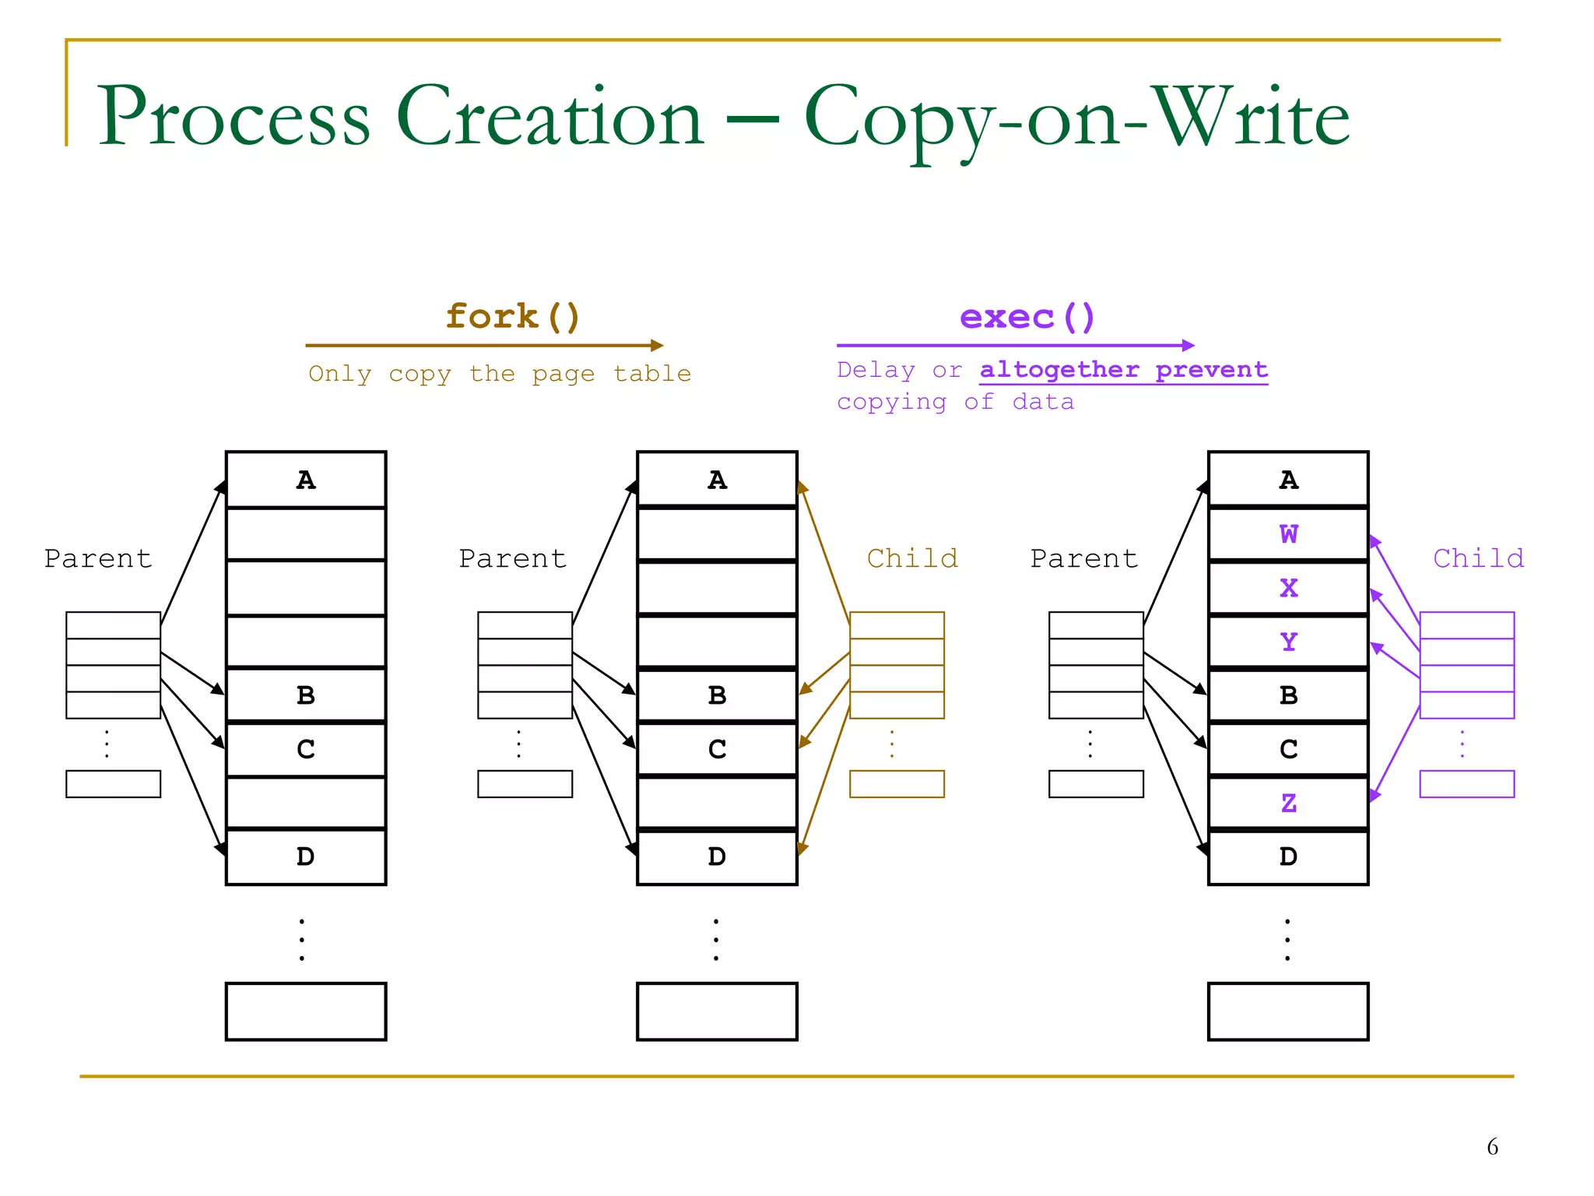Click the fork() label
click(x=513, y=317)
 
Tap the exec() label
click(x=1027, y=317)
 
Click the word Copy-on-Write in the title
click(x=1076, y=117)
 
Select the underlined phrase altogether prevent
click(x=1123, y=370)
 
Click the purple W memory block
click(x=1288, y=534)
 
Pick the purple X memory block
click(x=1288, y=588)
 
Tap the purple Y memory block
click(x=1288, y=642)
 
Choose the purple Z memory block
click(x=1288, y=803)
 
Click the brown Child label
click(x=912, y=558)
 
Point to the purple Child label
click(x=1478, y=558)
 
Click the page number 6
click(x=1492, y=1146)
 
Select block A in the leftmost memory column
click(x=306, y=480)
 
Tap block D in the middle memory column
click(x=717, y=857)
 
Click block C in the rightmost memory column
click(x=1288, y=749)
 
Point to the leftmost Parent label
click(x=98, y=558)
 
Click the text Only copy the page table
click(x=500, y=374)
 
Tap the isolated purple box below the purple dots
click(x=1466, y=784)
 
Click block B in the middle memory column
click(x=717, y=695)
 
